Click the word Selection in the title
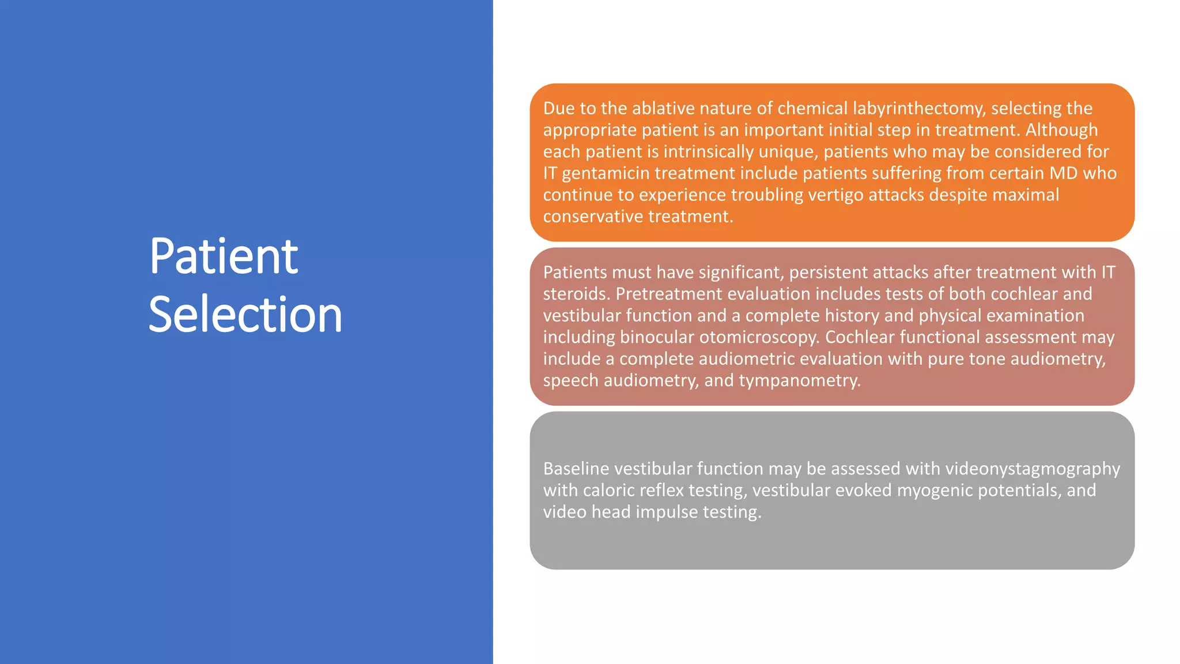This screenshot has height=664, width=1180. [245, 314]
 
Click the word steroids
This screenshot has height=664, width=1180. [575, 294]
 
